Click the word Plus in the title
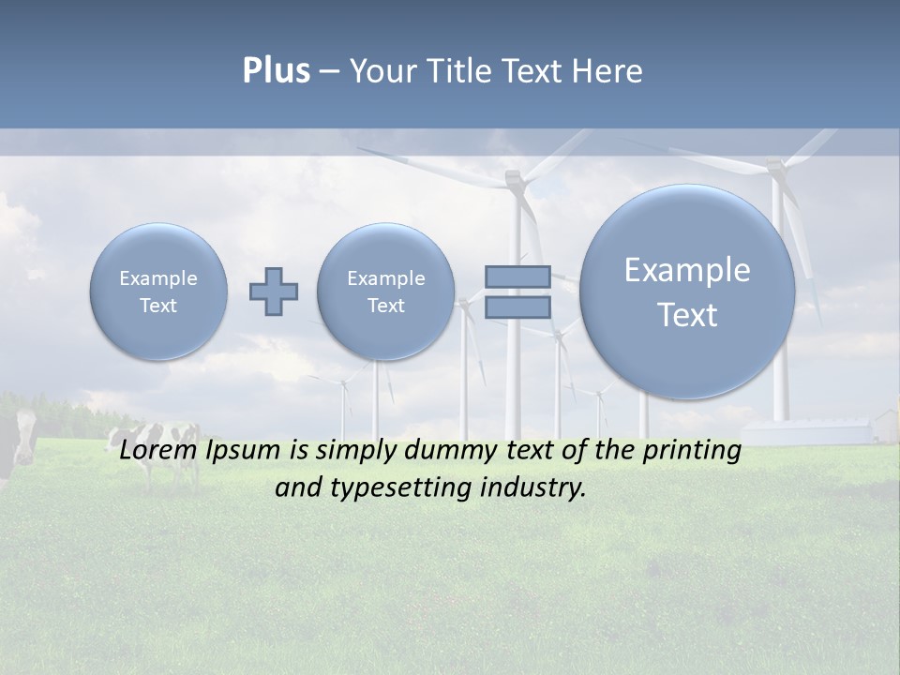click(276, 71)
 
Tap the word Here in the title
click(609, 71)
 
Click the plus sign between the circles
click(274, 291)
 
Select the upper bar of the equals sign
click(517, 277)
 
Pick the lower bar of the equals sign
click(517, 307)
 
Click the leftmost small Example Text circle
click(158, 292)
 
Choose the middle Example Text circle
click(385, 292)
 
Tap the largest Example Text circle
click(687, 292)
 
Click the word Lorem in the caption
click(157, 450)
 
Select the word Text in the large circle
click(687, 315)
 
